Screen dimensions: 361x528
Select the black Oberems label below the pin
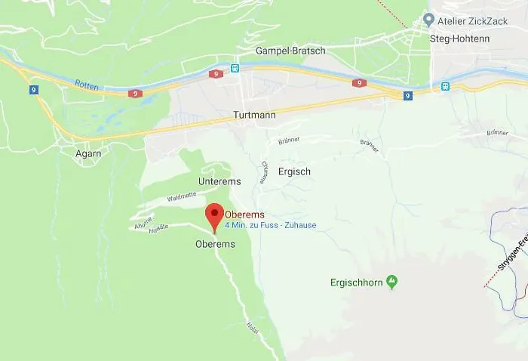coord(215,244)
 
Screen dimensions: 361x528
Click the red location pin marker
coord(214,215)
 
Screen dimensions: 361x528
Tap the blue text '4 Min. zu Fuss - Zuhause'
coord(270,225)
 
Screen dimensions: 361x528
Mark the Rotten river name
coord(86,85)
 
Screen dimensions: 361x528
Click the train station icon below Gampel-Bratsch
coord(235,68)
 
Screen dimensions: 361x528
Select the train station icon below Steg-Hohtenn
coord(445,86)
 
